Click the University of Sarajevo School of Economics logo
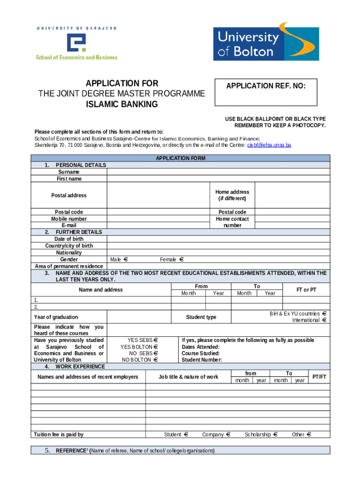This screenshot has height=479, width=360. pyautogui.click(x=77, y=43)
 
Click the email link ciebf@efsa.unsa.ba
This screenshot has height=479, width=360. pyautogui.click(x=269, y=145)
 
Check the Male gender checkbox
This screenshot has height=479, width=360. pyautogui.click(x=126, y=259)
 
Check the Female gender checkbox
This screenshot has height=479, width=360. pyautogui.click(x=182, y=259)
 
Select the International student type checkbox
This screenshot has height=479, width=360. pyautogui.click(x=324, y=320)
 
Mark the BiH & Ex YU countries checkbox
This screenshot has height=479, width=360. pyautogui.click(x=324, y=313)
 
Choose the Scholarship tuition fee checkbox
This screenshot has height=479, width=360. pyautogui.click(x=275, y=435)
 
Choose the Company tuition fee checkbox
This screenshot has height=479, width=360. pyautogui.click(x=229, y=435)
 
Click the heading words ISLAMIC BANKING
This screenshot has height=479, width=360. pyautogui.click(x=122, y=104)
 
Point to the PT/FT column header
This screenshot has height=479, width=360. pyautogui.click(x=319, y=377)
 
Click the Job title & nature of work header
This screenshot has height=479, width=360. pyautogui.click(x=188, y=377)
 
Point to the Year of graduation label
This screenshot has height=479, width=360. pyautogui.click(x=56, y=317)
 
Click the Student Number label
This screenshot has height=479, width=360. pyautogui.click(x=202, y=360)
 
